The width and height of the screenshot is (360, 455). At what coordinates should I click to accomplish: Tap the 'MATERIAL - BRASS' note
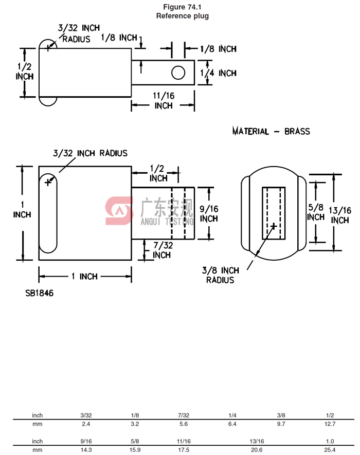(x=271, y=131)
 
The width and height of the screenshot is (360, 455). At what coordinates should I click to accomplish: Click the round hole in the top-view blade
(x=178, y=73)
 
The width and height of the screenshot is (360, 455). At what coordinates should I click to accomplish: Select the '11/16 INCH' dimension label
(x=164, y=100)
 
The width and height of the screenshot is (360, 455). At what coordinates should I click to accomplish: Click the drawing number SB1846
(x=39, y=293)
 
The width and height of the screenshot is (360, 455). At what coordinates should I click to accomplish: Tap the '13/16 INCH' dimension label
(x=339, y=215)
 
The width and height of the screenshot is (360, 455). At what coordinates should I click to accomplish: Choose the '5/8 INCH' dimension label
(x=315, y=212)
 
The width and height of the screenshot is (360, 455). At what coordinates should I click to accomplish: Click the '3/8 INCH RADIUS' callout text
(x=220, y=275)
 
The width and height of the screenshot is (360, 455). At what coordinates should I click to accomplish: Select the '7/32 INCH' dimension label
(x=161, y=250)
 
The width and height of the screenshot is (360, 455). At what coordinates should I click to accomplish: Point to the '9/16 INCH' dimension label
(x=209, y=213)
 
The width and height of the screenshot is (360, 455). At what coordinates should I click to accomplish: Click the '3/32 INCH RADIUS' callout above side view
(x=90, y=153)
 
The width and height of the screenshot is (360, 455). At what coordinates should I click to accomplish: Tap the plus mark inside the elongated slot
(x=48, y=181)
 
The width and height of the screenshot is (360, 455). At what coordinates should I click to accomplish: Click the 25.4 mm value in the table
(x=330, y=450)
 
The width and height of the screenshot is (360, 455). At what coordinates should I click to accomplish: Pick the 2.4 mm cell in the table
(x=86, y=424)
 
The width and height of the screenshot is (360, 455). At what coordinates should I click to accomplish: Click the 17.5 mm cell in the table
(x=184, y=450)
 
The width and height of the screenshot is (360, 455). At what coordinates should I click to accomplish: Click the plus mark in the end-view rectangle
(x=274, y=225)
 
